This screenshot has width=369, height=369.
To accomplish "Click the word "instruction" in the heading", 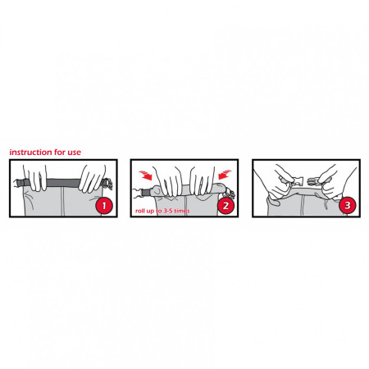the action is tap(31, 153).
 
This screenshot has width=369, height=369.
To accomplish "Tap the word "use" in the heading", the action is tap(75, 153).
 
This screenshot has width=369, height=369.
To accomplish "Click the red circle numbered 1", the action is tap(104, 206).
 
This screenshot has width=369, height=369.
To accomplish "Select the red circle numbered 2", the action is tap(225, 206).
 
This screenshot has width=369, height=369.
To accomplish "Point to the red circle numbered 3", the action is tap(347, 205).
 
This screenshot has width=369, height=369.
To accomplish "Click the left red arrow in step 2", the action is tap(145, 175).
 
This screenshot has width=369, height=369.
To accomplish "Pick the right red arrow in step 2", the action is tap(225, 175).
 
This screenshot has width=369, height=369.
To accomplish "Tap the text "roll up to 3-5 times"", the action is tap(162, 211).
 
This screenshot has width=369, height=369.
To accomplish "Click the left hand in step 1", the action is tap(35, 177).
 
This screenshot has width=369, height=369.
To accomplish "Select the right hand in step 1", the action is tap(92, 178).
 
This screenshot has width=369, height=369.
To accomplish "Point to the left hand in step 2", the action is tap(166, 180).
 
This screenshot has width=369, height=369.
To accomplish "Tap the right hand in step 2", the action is tap(202, 180).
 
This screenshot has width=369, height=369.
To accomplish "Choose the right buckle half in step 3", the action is tap(315, 181).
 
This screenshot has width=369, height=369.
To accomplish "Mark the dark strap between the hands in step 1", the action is tap(63, 182).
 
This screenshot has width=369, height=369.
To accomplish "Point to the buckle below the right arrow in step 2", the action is tap(230, 194).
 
